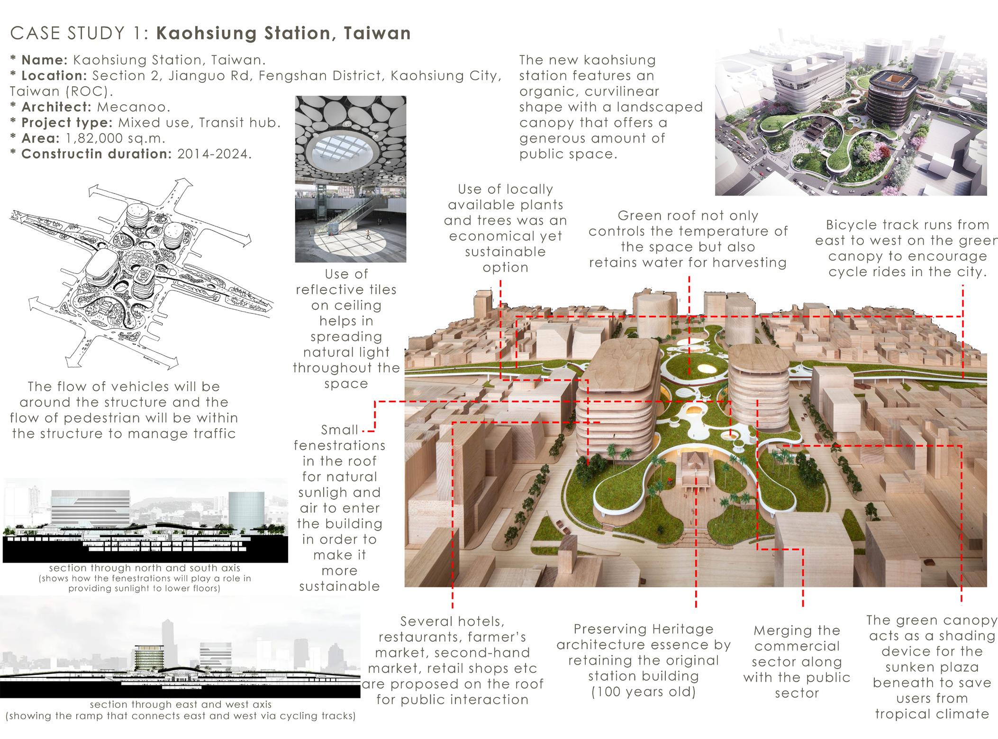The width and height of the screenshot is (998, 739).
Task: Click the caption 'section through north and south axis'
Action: tap(145, 568)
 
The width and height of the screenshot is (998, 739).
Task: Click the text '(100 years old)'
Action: tap(643, 692)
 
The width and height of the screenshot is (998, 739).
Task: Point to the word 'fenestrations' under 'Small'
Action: tap(339, 446)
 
